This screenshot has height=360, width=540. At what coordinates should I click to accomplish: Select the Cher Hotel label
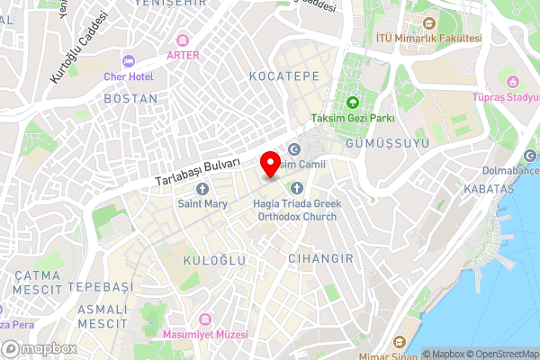click(130, 77)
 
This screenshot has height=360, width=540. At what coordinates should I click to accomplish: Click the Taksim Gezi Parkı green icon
click(352, 103)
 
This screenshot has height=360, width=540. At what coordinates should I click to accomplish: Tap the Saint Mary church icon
click(202, 189)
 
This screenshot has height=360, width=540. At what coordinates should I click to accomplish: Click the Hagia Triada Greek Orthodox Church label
click(295, 210)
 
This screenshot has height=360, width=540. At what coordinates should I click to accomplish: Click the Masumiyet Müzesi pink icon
click(205, 319)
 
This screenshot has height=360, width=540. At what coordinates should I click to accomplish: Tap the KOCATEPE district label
click(285, 76)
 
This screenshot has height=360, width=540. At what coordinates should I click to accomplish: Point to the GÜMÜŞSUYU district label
click(377, 143)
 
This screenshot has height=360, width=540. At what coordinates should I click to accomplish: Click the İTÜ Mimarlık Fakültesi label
click(429, 38)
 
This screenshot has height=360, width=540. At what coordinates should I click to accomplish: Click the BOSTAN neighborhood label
click(130, 98)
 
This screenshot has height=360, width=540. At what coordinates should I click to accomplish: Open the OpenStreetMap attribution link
click(501, 354)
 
